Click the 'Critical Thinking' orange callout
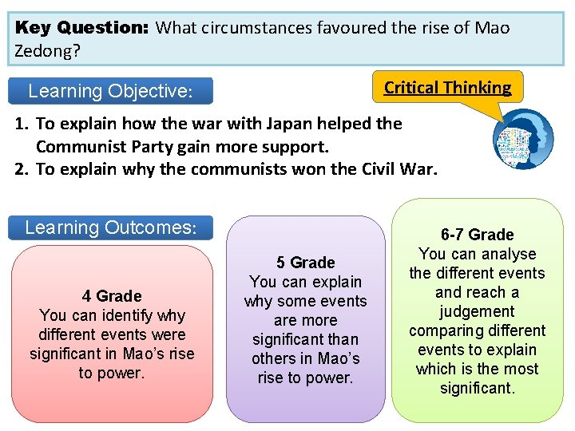[x=447, y=88]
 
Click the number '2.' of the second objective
[x=22, y=169]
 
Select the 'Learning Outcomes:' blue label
[x=110, y=227]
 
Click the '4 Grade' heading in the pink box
[x=112, y=296]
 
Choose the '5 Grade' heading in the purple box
[x=306, y=263]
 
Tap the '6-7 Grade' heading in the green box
[x=478, y=235]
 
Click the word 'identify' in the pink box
[x=133, y=315]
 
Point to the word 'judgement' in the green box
[x=477, y=311]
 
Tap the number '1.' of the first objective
[x=22, y=124]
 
